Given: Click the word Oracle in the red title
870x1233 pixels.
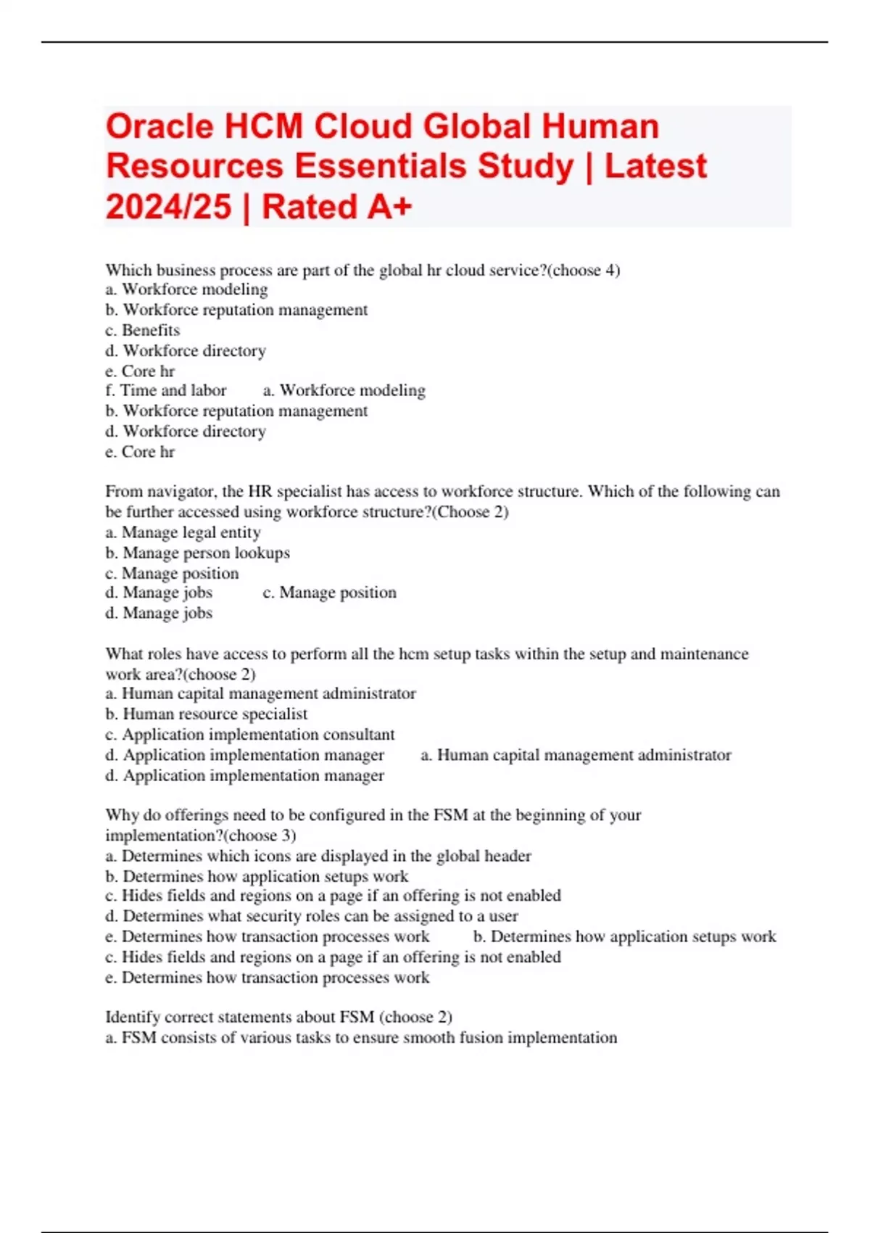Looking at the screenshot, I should pyautogui.click(x=160, y=127).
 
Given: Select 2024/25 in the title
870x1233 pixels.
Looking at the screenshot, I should pyautogui.click(x=168, y=207).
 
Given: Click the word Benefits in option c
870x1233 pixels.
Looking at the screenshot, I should pyautogui.click(x=151, y=330).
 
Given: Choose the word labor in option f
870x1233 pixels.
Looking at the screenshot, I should pyautogui.click(x=209, y=390).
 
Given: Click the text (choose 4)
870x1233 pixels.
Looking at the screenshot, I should pyautogui.click(x=586, y=271).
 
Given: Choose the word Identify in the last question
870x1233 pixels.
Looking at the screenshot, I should pyautogui.click(x=132, y=1017).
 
